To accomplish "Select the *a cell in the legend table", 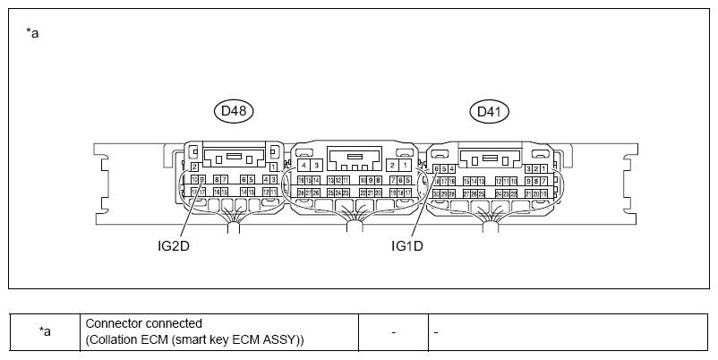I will (x=45, y=331).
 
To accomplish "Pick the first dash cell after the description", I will (x=393, y=332).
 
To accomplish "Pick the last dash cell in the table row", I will (x=436, y=332).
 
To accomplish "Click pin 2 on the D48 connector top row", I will (x=195, y=167).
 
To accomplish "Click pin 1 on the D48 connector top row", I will (x=272, y=167).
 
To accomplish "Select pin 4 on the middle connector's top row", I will (x=304, y=166).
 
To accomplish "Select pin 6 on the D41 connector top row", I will (x=436, y=168).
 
